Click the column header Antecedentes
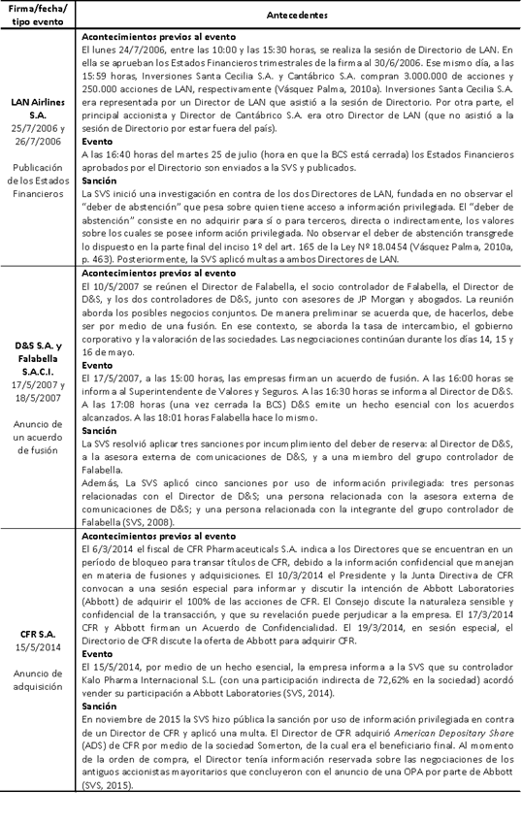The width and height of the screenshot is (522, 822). click(298, 16)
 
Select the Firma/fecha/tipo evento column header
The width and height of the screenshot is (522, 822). click(38, 16)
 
